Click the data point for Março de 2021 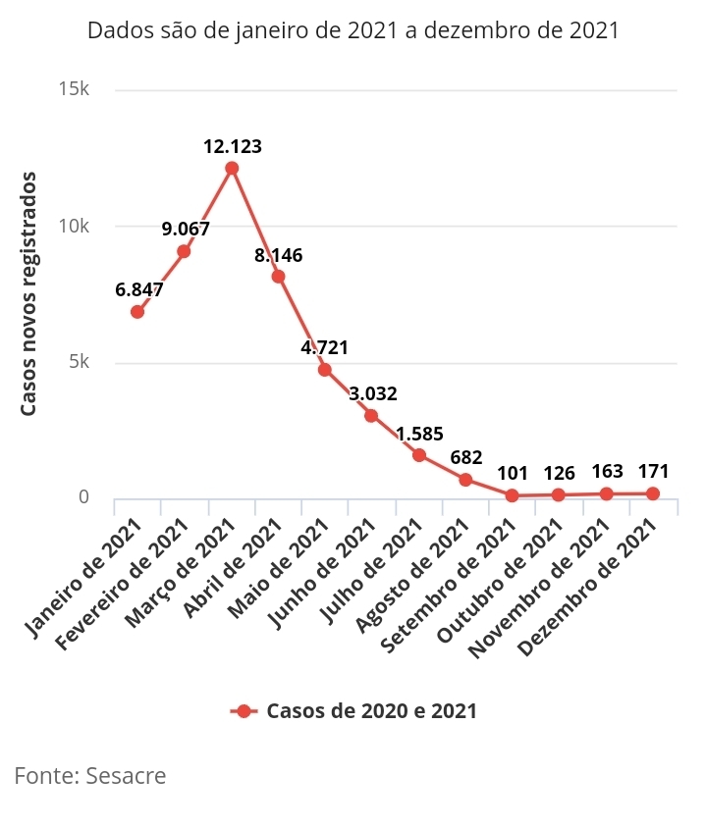232,168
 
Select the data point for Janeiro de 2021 137,312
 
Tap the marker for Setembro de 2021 512,495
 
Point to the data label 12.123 233,147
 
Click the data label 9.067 186,230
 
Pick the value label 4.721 324,347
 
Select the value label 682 465,457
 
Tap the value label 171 653,472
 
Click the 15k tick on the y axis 75,90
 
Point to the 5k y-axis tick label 79,362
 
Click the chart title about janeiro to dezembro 353,30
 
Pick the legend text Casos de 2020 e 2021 371,711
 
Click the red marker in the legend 244,711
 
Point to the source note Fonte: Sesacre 90,776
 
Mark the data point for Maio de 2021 324,370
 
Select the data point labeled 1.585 418,455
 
